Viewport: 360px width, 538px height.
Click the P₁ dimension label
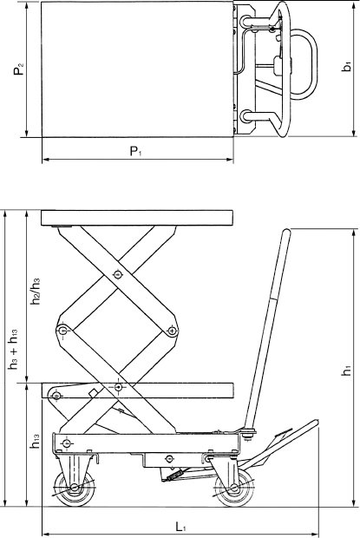pyautogui.click(x=135, y=152)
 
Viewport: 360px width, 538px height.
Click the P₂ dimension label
pyautogui.click(x=18, y=69)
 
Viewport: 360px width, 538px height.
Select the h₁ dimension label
pyautogui.click(x=346, y=369)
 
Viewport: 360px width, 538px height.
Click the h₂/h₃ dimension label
pyautogui.click(x=36, y=291)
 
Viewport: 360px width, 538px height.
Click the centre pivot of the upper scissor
pyautogui.click(x=118, y=275)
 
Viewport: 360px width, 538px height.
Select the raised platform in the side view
pyautogui.click(x=138, y=217)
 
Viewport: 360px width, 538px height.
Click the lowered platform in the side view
pyautogui.click(x=138, y=388)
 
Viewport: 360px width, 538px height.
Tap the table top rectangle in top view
pyautogui.click(x=136, y=69)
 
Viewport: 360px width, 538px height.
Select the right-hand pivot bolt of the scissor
pyautogui.click(x=173, y=330)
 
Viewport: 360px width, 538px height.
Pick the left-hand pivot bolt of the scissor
pyautogui.click(x=62, y=331)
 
